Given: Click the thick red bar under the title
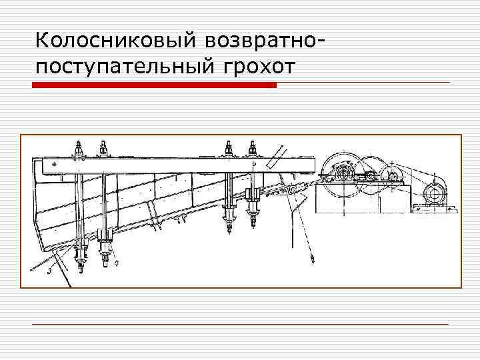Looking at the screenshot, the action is (154, 85).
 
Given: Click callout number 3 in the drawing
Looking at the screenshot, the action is (49, 271).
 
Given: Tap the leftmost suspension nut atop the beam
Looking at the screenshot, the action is (79, 149).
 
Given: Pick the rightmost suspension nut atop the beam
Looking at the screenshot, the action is (252, 149).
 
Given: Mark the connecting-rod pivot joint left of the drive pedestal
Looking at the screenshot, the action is (291, 191).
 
